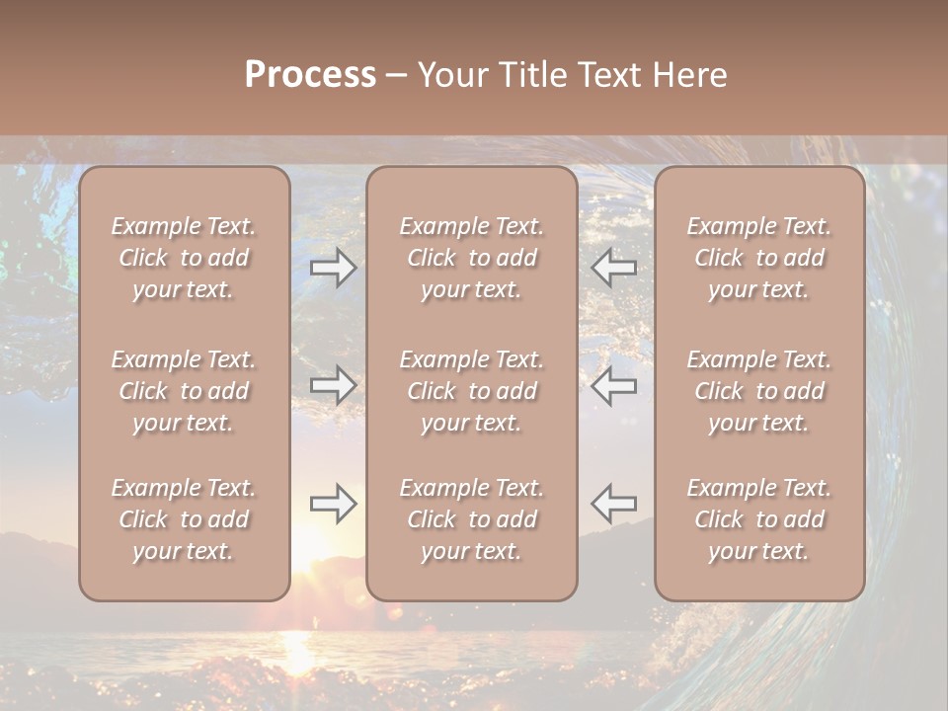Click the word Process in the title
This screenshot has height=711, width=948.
pyautogui.click(x=310, y=74)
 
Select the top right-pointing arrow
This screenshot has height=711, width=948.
pyautogui.click(x=334, y=268)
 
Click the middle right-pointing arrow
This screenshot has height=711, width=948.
pyautogui.click(x=334, y=385)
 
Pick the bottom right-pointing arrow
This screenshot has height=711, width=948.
pyautogui.click(x=334, y=504)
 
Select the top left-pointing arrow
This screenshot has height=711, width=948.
pyautogui.click(x=614, y=268)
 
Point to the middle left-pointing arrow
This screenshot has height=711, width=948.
pyautogui.click(x=614, y=385)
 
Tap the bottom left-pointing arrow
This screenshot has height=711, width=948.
pyautogui.click(x=614, y=504)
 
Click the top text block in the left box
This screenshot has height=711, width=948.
pyautogui.click(x=184, y=258)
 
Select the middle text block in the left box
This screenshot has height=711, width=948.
pyautogui.click(x=184, y=391)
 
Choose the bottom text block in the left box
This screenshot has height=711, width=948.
pyautogui.click(x=184, y=519)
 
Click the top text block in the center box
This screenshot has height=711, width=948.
pyautogui.click(x=471, y=258)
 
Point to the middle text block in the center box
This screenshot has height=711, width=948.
pyautogui.click(x=471, y=391)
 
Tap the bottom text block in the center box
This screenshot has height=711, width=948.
pyautogui.click(x=471, y=519)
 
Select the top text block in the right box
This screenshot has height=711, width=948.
pyautogui.click(x=759, y=258)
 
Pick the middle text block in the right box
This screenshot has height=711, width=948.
pyautogui.click(x=759, y=391)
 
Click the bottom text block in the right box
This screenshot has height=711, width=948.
pyautogui.click(x=759, y=519)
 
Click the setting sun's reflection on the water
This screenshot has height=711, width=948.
pyautogui.click(x=296, y=647)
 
